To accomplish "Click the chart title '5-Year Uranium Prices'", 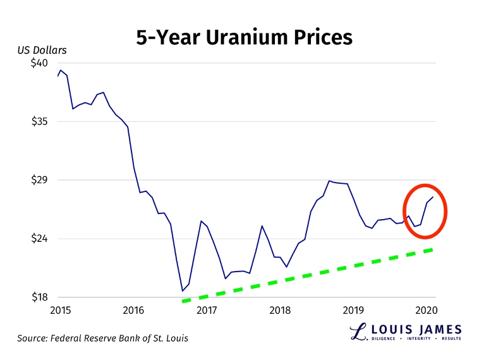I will click(x=244, y=37).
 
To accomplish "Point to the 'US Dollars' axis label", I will click(x=41, y=50).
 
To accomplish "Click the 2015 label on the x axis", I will click(x=60, y=309).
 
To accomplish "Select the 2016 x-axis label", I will click(x=133, y=309).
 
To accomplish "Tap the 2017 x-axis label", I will click(x=207, y=309).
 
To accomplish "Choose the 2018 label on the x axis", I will click(x=280, y=309).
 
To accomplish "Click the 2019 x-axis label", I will click(x=353, y=309).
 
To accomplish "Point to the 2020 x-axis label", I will click(x=426, y=309).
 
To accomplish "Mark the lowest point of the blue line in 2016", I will click(x=183, y=291).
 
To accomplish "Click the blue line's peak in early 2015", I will click(x=61, y=70).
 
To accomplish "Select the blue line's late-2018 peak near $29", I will click(x=329, y=181).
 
